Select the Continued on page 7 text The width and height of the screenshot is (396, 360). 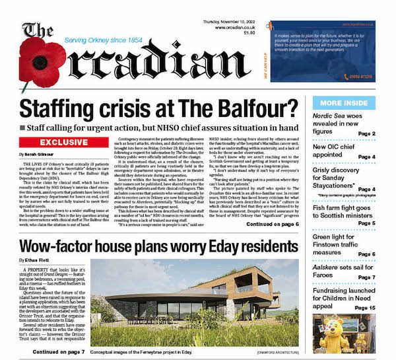(x=57, y=352)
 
